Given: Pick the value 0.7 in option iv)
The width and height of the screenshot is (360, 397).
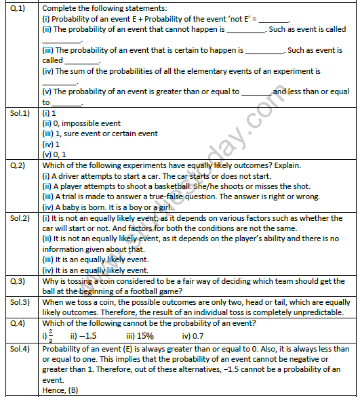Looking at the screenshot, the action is (203, 334).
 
